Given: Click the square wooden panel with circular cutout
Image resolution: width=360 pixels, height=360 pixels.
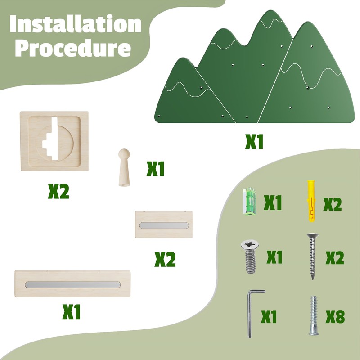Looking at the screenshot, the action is (54, 141).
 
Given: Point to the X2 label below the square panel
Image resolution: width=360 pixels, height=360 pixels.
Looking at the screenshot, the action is (58, 192).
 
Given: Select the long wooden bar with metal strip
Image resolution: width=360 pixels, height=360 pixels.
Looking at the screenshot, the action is (72, 284).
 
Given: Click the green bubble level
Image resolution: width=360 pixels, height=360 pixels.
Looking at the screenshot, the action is (249, 201).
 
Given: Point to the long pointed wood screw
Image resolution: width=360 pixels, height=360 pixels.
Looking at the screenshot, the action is (311, 256).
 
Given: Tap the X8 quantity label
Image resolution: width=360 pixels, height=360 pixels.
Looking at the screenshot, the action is (334, 317).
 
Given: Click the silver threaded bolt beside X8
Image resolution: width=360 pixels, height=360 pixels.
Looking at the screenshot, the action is (314, 315).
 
